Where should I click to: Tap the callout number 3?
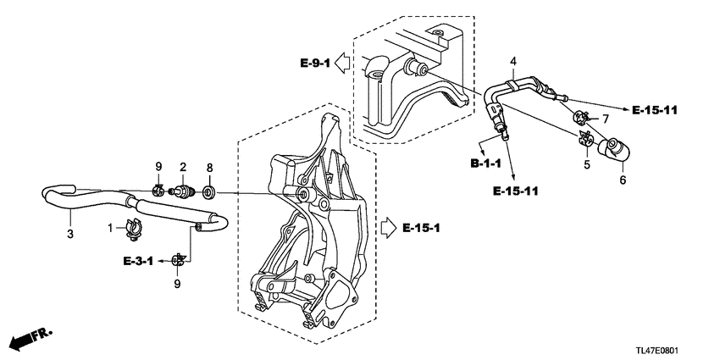pos(70,232)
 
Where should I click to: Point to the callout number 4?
pos(512,60)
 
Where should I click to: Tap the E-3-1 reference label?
pos(138,261)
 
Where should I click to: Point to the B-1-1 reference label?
pos(489,161)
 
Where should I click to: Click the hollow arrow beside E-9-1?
pos(342,62)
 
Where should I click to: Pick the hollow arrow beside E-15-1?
pos(388,228)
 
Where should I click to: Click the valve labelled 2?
pos(182,191)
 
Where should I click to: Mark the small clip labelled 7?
pos(583,117)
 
